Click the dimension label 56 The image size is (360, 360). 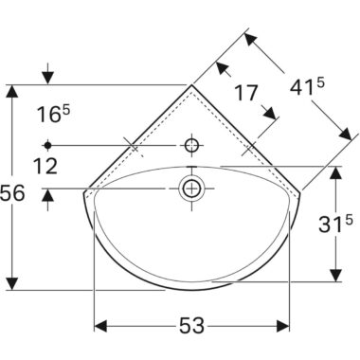(x=12, y=193)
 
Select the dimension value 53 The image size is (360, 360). (x=191, y=326)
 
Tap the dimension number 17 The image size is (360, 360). (x=246, y=93)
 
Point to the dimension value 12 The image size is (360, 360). (x=46, y=166)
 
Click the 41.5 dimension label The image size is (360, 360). (x=307, y=88)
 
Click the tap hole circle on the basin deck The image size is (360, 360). (x=192, y=146)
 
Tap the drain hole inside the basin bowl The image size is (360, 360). (x=191, y=189)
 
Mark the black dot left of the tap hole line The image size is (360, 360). (x=47, y=145)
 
